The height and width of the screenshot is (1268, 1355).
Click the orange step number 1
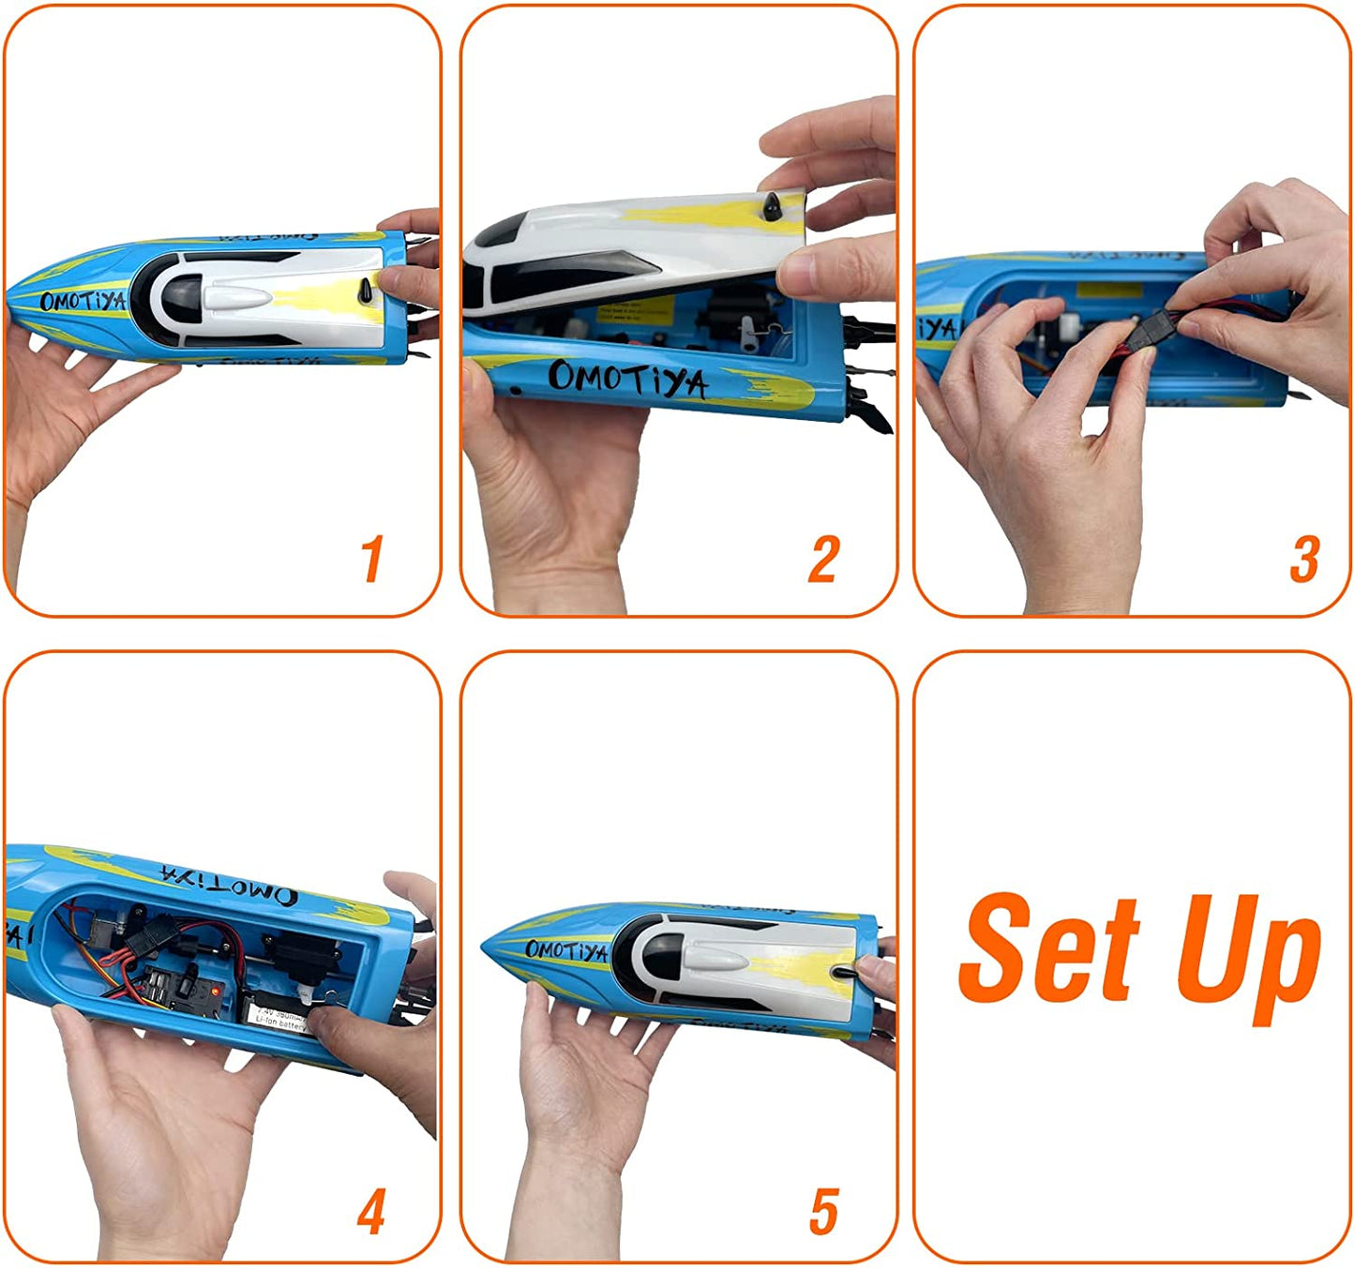tap(372, 559)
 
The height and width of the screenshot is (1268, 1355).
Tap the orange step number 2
tap(823, 559)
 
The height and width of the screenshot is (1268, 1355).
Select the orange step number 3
tap(1304, 559)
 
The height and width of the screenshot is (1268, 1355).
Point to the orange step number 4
tap(371, 1212)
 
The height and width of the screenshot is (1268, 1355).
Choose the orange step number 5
tap(823, 1212)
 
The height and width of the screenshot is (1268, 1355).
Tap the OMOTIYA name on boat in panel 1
tap(83, 302)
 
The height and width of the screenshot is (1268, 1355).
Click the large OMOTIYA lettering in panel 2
tap(627, 379)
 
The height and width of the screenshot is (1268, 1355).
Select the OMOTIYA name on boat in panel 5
tap(566, 950)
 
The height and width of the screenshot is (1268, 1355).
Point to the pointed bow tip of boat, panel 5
tap(484, 946)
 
